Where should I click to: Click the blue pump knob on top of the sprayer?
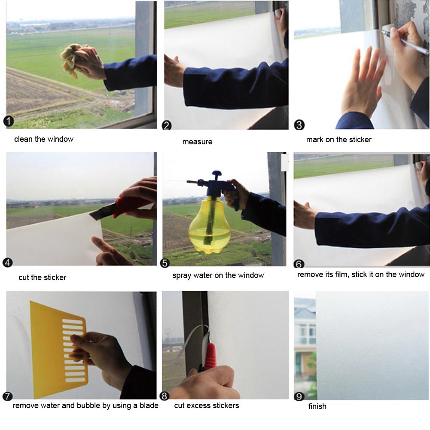[217, 174]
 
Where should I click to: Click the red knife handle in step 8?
[210, 356]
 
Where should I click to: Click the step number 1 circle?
[9, 121]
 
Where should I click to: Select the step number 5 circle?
[165, 263]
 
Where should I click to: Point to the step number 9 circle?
[299, 396]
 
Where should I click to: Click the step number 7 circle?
[7, 396]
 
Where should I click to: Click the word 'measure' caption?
[198, 142]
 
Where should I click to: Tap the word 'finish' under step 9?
[317, 406]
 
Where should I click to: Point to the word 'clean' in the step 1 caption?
[23, 139]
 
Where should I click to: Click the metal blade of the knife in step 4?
[102, 211]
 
